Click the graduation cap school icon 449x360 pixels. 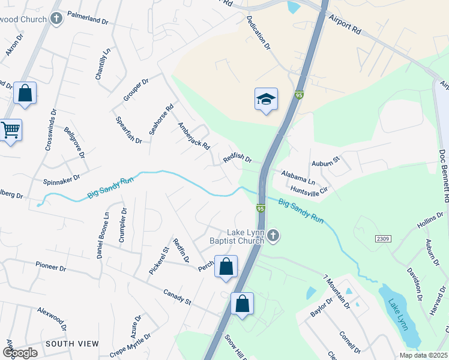tap(266, 99)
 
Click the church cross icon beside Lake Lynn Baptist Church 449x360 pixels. tap(273, 235)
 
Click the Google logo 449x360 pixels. tap(20, 353)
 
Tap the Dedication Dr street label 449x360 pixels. tap(259, 32)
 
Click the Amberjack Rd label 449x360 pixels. tap(193, 136)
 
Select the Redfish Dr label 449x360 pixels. tap(238, 157)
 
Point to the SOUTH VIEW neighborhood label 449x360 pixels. tap(72, 344)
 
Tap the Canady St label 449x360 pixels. tap(176, 296)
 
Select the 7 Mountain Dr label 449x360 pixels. tap(336, 291)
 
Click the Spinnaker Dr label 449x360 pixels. tap(61, 179)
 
